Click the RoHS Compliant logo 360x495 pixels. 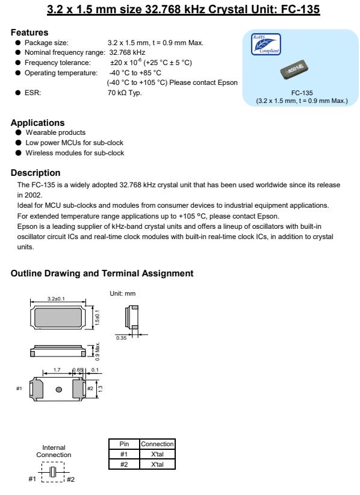point(265,44)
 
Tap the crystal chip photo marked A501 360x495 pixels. point(294,70)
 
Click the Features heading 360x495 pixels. point(29,33)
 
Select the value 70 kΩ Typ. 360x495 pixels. point(125,93)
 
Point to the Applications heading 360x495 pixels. point(37,123)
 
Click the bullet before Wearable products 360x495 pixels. point(18,132)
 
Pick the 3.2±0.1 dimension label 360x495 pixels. point(56,299)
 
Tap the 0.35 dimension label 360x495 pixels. point(121,338)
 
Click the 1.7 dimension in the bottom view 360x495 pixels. point(57,370)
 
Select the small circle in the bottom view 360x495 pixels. point(58,390)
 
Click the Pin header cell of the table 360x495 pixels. point(124,444)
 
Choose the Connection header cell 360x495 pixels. point(157,444)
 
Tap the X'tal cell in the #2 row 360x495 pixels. point(157,464)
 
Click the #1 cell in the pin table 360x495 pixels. point(124,454)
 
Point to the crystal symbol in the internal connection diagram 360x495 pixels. point(54,472)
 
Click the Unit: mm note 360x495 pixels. point(122,294)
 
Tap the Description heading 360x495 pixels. point(36,173)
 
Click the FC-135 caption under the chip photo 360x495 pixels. point(302,93)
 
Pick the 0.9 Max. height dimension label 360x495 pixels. point(98,351)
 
